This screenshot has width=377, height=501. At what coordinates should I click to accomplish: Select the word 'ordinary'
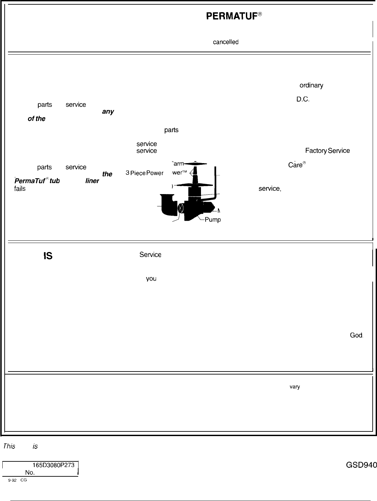click(x=311, y=86)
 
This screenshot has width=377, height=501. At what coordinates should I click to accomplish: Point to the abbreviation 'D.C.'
click(x=303, y=99)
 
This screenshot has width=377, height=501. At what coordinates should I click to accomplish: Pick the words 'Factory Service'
click(x=327, y=151)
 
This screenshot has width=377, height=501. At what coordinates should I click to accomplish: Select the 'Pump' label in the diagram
click(x=213, y=220)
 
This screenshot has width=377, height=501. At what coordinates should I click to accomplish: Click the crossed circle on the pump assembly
click(x=181, y=208)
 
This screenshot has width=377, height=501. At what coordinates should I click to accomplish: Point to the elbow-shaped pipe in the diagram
click(x=168, y=204)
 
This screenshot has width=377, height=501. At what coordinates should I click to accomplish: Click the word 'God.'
click(x=356, y=335)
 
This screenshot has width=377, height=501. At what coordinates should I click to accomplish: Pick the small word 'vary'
click(x=295, y=387)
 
